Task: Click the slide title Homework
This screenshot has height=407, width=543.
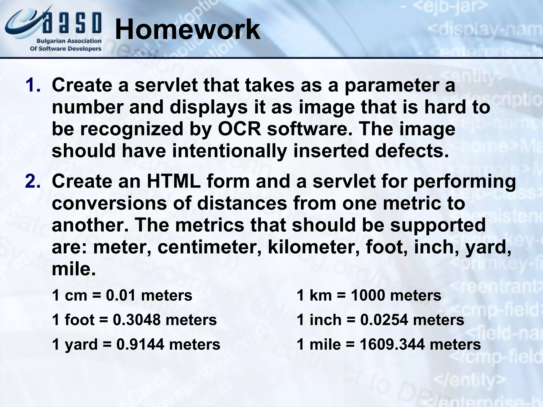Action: pyautogui.click(x=187, y=30)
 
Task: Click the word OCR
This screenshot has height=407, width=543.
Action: pyautogui.click(x=240, y=129)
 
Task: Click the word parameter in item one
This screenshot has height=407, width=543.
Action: pyautogui.click(x=399, y=85)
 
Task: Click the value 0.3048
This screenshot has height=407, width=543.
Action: pyautogui.click(x=137, y=320)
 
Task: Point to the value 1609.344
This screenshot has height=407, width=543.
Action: pyautogui.click(x=392, y=344)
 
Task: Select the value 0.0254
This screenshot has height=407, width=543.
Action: pyautogui.click(x=384, y=320)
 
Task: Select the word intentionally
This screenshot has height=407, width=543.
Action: pyautogui.click(x=229, y=151)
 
